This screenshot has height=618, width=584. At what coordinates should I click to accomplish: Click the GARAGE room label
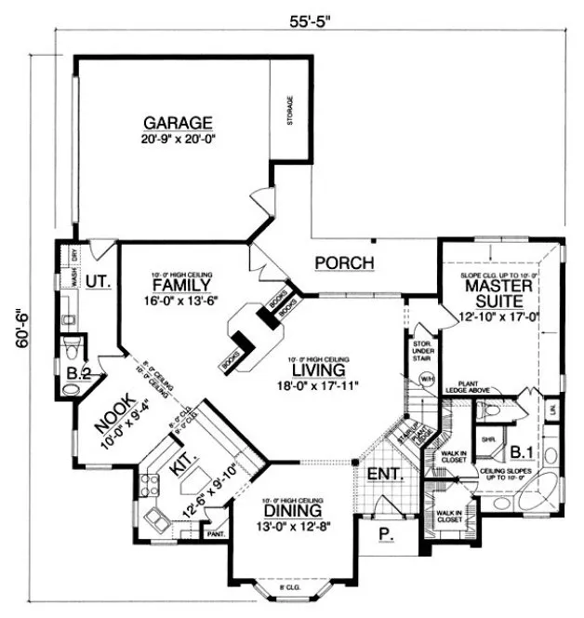point(178,123)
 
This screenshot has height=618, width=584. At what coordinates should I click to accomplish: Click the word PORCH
point(344,263)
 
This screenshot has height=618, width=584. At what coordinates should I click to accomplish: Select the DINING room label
point(292,510)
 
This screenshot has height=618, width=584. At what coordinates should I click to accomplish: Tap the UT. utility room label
point(99,280)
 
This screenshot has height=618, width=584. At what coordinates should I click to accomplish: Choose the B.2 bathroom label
point(78,375)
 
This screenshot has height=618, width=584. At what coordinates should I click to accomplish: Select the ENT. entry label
point(383,474)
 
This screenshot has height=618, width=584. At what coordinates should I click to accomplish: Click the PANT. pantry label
point(215,534)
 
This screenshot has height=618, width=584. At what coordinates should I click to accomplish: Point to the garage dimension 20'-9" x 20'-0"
point(178,140)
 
